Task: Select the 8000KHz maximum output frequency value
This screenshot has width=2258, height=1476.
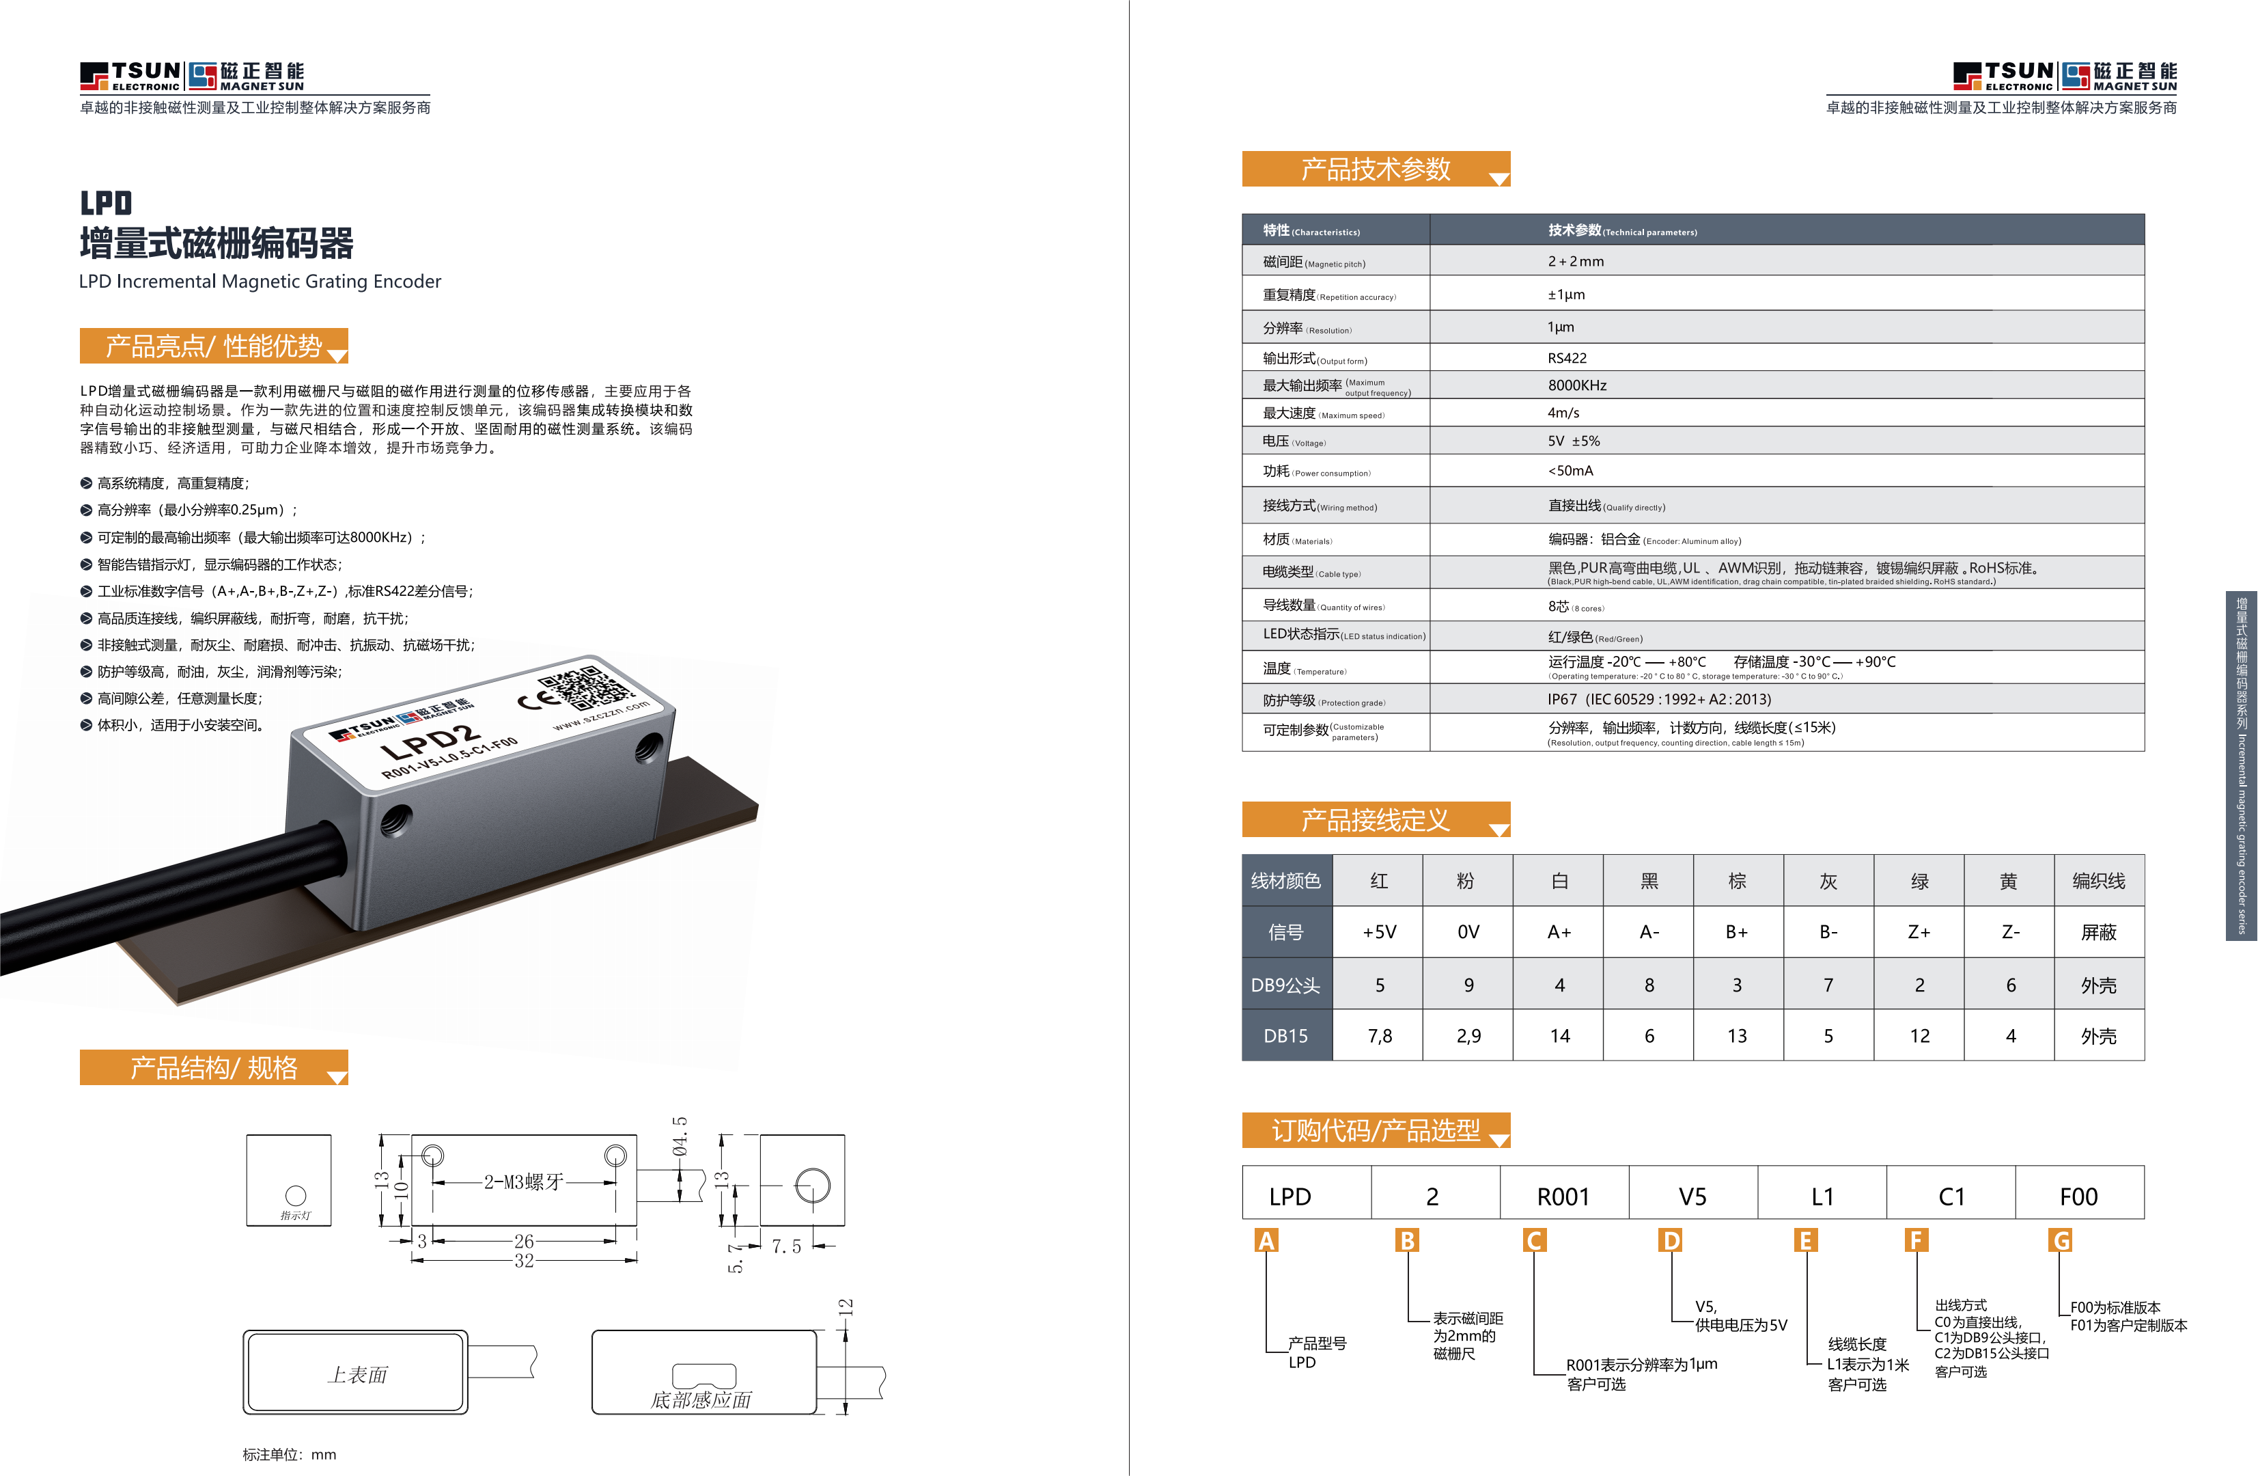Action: click(1577, 385)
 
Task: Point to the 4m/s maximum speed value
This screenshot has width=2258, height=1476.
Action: click(1563, 413)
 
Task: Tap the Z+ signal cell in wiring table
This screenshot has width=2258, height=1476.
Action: click(1919, 932)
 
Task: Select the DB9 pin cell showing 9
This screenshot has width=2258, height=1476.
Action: click(1468, 985)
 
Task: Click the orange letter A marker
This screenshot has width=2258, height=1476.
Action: click(1266, 1241)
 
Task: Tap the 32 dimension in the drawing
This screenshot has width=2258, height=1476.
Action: click(524, 1261)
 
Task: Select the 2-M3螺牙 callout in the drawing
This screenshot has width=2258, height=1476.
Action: click(524, 1181)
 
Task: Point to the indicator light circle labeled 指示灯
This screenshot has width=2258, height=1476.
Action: click(296, 1195)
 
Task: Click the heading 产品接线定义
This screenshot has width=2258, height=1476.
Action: click(1375, 820)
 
